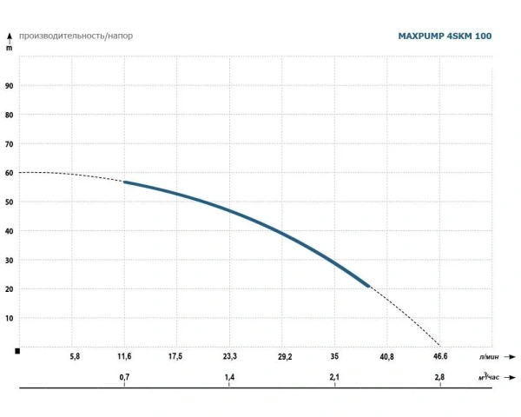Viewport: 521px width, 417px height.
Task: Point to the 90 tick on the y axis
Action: coord(10,86)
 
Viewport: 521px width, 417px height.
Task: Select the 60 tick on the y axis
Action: coord(10,173)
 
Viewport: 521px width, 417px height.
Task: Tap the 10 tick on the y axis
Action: coord(10,318)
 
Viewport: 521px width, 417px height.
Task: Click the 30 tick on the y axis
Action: coord(10,260)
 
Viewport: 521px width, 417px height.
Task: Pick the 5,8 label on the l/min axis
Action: coord(75,356)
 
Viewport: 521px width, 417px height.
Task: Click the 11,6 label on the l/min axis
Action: coord(125,356)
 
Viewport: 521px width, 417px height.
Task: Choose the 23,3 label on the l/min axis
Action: coord(229,356)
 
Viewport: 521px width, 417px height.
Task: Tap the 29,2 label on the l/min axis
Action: coord(284,356)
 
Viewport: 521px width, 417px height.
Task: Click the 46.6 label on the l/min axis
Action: coord(439,356)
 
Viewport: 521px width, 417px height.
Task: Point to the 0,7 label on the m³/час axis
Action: coord(125,378)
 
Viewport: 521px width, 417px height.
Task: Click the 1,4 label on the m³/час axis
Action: coord(229,378)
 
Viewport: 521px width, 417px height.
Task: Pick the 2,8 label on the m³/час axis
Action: coord(439,378)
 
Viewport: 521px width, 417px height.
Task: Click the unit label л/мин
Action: coord(488,356)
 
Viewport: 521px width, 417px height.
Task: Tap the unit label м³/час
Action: coord(488,378)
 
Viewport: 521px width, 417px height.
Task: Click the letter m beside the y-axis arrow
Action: coord(10,50)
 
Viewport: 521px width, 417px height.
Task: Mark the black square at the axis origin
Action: coord(17,350)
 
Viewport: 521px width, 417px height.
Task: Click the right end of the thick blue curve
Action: coord(369,286)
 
